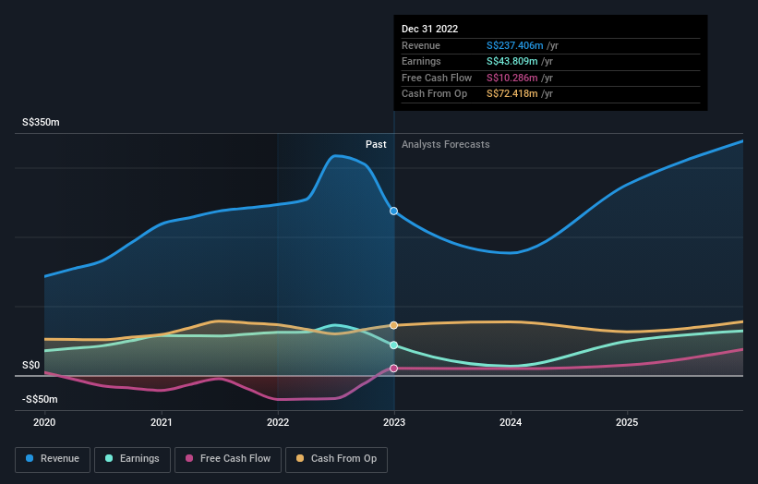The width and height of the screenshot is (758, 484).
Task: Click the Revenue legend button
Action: (x=54, y=458)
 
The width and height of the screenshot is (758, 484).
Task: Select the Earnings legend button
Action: (x=133, y=458)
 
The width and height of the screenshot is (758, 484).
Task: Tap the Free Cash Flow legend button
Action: (x=228, y=458)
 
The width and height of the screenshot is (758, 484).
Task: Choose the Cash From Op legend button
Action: (x=338, y=458)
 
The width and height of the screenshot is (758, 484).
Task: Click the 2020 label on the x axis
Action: (x=44, y=422)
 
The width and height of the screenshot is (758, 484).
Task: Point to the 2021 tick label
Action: (x=162, y=422)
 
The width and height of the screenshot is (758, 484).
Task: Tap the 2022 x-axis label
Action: (x=278, y=422)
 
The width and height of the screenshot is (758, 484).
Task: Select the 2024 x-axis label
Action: (x=511, y=422)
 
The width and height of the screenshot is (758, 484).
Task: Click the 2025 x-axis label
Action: (x=627, y=422)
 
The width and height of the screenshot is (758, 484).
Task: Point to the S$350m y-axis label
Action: (x=42, y=123)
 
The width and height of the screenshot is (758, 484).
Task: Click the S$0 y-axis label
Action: (x=31, y=366)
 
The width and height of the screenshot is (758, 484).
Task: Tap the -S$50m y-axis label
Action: (x=40, y=399)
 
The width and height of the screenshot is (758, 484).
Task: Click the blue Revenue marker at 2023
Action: (x=394, y=212)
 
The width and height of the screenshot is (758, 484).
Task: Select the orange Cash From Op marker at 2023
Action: (x=394, y=325)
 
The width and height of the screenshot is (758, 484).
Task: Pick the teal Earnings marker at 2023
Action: (x=394, y=345)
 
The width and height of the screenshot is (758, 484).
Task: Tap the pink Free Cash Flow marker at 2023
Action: (x=394, y=369)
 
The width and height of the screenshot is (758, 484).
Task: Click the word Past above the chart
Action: (x=376, y=144)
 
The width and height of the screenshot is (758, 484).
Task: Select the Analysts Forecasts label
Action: (x=445, y=144)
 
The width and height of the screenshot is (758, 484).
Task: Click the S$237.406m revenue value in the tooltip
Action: (x=515, y=45)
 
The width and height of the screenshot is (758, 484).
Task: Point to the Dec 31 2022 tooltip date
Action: (x=429, y=29)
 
